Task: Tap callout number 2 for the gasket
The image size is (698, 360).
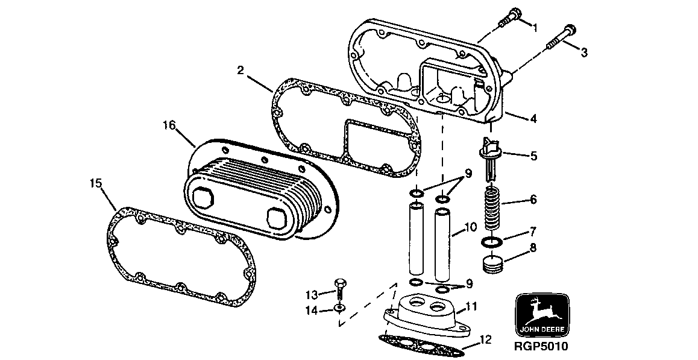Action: click(241, 71)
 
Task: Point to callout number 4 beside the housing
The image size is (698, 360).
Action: click(533, 119)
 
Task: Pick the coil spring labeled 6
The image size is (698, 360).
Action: click(494, 207)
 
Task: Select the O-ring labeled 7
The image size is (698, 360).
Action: click(491, 243)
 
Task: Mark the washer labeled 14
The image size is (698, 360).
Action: click(339, 308)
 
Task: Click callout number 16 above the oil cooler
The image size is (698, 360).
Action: click(169, 125)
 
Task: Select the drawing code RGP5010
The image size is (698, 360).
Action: click(541, 347)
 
